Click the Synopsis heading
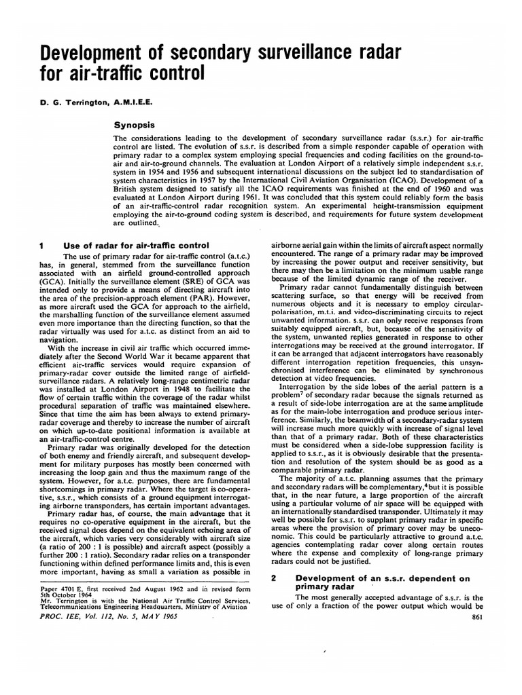(x=136, y=126)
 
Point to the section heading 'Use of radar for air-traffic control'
(x=135, y=244)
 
